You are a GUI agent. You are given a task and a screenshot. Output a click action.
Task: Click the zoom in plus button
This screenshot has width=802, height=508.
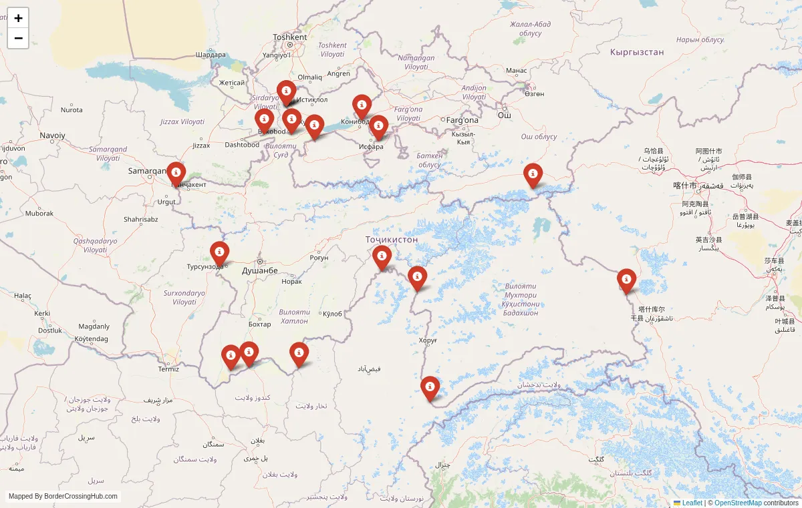pyautogui.click(x=18, y=18)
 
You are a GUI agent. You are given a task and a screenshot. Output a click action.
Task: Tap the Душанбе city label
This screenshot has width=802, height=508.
pyautogui.click(x=259, y=270)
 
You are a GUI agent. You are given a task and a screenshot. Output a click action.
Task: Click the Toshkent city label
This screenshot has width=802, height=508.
pyautogui.click(x=290, y=37)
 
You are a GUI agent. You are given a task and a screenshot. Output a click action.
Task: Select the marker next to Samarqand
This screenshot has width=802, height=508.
pyautogui.click(x=176, y=173)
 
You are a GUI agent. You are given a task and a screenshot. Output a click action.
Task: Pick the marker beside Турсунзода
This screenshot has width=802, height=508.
pyautogui.click(x=219, y=252)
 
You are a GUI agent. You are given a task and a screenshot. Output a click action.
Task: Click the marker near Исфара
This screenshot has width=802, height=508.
pyautogui.click(x=378, y=126)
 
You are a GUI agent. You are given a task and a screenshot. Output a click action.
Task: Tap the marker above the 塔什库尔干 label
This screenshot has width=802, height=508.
pyautogui.click(x=626, y=280)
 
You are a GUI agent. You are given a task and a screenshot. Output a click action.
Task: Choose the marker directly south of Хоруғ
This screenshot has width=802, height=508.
pyautogui.click(x=430, y=387)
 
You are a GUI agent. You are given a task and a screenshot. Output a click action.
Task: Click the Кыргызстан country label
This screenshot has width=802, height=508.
pyautogui.click(x=637, y=51)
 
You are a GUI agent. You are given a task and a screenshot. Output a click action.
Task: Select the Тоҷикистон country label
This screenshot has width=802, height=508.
pyautogui.click(x=392, y=239)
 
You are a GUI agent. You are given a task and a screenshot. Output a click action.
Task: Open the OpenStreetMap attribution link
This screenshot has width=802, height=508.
pyautogui.click(x=738, y=503)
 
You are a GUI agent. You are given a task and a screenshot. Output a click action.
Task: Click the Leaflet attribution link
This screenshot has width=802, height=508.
pyautogui.click(x=692, y=503)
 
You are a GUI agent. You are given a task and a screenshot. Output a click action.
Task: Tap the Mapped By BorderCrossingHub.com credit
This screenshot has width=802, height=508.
pyautogui.click(x=63, y=497)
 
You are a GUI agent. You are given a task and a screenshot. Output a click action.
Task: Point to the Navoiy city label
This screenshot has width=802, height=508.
pyautogui.click(x=53, y=135)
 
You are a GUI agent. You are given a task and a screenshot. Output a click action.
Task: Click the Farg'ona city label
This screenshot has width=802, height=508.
pyautogui.click(x=462, y=120)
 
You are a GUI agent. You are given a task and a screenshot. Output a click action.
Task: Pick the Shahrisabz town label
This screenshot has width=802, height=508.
pyautogui.click(x=140, y=219)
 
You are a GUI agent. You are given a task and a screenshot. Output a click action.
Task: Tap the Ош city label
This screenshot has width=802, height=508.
pyautogui.click(x=504, y=115)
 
